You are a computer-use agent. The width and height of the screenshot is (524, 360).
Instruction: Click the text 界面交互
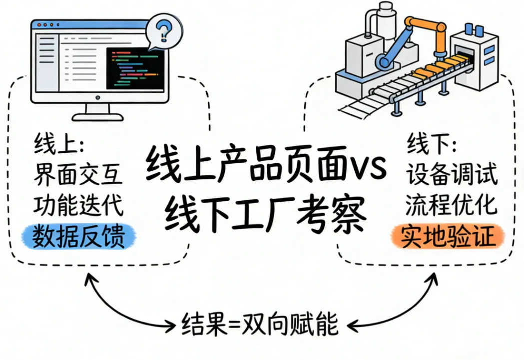click(x=78, y=175)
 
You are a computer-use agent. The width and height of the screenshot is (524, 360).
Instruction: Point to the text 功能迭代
click(x=78, y=205)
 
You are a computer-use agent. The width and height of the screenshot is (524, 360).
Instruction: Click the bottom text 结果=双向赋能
click(x=260, y=325)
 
